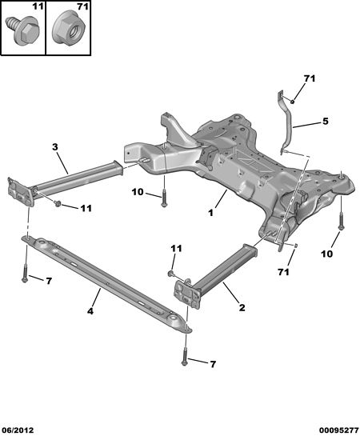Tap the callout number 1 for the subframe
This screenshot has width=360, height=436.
click(x=210, y=213)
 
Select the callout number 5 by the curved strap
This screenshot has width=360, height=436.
click(x=326, y=122)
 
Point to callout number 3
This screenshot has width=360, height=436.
click(x=55, y=147)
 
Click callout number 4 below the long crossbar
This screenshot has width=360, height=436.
click(x=90, y=311)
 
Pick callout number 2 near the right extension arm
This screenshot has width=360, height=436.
click(x=242, y=307)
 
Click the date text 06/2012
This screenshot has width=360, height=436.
click(x=18, y=430)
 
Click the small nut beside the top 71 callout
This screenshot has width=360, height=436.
click(x=293, y=102)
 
